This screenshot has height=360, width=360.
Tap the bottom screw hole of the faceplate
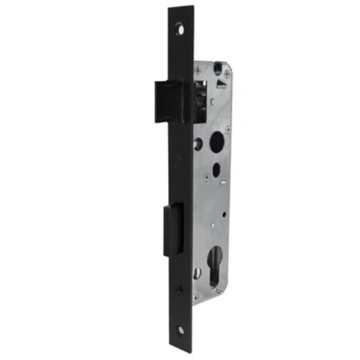point(180,331)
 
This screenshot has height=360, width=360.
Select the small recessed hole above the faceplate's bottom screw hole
point(180,289)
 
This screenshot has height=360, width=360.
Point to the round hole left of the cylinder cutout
point(197,272)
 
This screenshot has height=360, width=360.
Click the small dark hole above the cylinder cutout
point(224,215)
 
